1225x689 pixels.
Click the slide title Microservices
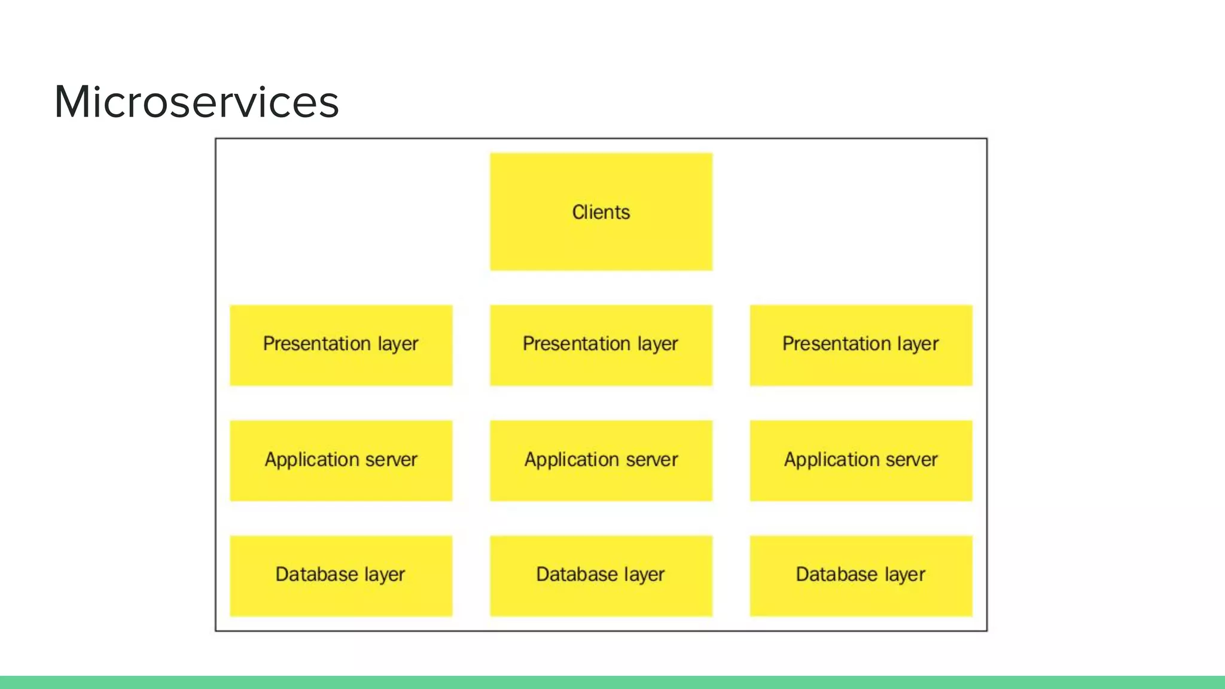coord(196,102)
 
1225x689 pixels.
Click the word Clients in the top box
coord(601,212)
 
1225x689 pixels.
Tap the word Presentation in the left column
coord(316,344)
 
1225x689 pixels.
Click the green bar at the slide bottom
coord(612,682)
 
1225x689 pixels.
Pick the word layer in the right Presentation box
coord(918,344)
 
